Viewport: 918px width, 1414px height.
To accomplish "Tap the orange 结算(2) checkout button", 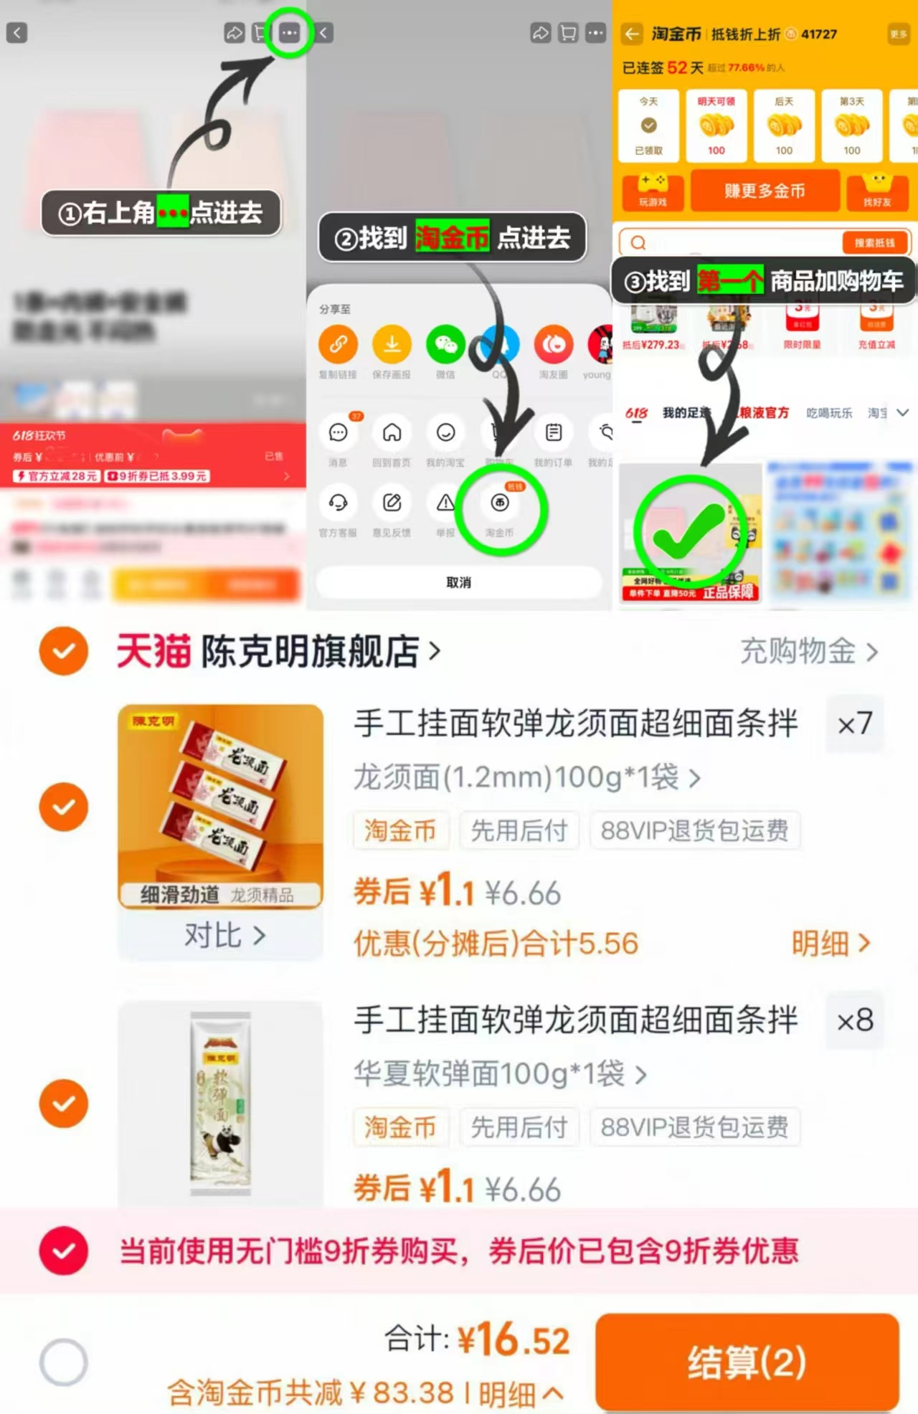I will pyautogui.click(x=747, y=1362).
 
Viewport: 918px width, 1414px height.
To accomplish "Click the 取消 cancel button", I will pyautogui.click(x=459, y=582).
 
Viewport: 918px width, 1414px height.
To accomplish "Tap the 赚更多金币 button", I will pyautogui.click(x=765, y=191).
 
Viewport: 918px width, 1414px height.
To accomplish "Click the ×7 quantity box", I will pyautogui.click(x=855, y=723).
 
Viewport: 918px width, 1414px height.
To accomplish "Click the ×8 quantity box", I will pyautogui.click(x=855, y=1020).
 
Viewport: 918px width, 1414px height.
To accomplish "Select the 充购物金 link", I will pyautogui.click(x=808, y=651).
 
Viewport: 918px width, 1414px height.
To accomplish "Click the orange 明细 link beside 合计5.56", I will pyautogui.click(x=830, y=944).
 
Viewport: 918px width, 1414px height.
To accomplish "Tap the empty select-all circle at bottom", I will pyautogui.click(x=64, y=1362).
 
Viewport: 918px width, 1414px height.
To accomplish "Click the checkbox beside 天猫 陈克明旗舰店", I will pyautogui.click(x=64, y=651).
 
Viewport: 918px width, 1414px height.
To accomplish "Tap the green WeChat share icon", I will pyautogui.click(x=445, y=345).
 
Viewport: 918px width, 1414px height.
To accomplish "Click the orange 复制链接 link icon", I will pyautogui.click(x=338, y=345).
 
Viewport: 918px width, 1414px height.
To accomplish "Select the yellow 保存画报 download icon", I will pyautogui.click(x=392, y=345).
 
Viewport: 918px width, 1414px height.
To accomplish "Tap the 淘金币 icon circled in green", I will pyautogui.click(x=500, y=503).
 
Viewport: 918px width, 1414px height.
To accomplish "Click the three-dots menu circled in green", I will pyautogui.click(x=290, y=33).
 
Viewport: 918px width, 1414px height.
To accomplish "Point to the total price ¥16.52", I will pyautogui.click(x=514, y=1339).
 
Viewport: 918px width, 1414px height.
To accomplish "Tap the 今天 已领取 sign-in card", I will pyautogui.click(x=648, y=125).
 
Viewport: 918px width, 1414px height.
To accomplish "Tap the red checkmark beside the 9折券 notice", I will pyautogui.click(x=64, y=1251).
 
